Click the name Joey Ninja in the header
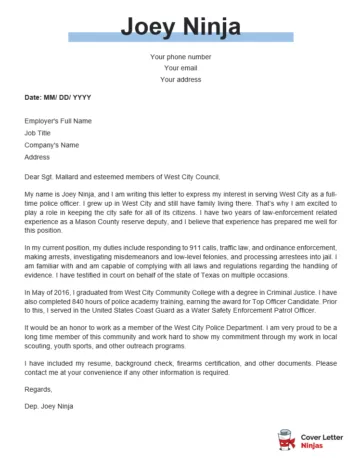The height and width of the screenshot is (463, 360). click(x=180, y=21)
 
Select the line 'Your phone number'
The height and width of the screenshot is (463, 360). click(x=180, y=57)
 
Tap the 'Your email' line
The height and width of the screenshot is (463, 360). click(x=180, y=68)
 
